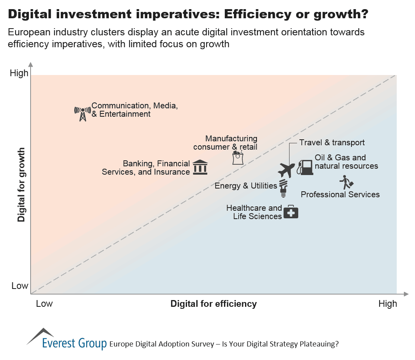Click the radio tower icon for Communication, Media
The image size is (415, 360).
tap(83, 114)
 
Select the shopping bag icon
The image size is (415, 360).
tap(237, 158)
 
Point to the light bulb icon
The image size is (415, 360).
tap(283, 188)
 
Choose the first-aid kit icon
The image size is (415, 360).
tap(291, 212)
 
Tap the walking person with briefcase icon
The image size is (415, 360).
tap(346, 182)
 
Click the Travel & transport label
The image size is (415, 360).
tap(332, 142)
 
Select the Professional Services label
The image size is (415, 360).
tap(340, 194)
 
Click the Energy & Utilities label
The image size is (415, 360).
tap(246, 186)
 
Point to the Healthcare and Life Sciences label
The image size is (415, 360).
tap(254, 212)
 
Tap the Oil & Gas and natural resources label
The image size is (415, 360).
tap(346, 162)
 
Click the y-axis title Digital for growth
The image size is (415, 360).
tap(21, 185)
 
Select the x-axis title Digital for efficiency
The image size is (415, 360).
tap(213, 304)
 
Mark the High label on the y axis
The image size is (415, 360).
tap(19, 73)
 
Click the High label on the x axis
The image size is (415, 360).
tap(387, 304)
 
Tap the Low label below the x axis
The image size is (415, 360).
tap(44, 304)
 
